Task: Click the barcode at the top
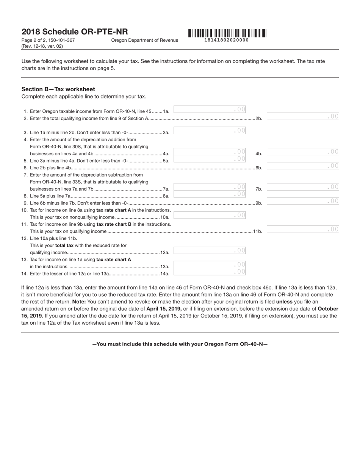226,33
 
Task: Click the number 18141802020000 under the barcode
226,40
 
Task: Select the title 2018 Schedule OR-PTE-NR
75,32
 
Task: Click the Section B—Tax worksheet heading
58,89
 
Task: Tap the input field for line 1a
210,109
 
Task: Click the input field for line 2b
303,117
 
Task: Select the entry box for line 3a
210,131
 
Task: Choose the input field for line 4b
303,152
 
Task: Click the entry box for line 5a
210,159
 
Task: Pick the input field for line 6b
303,166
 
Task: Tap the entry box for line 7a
210,187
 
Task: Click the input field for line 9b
303,201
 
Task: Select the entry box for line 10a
210,215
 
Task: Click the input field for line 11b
303,229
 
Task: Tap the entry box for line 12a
210,250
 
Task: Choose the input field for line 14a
210,272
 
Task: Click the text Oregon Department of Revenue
144,40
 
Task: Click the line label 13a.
165,267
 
